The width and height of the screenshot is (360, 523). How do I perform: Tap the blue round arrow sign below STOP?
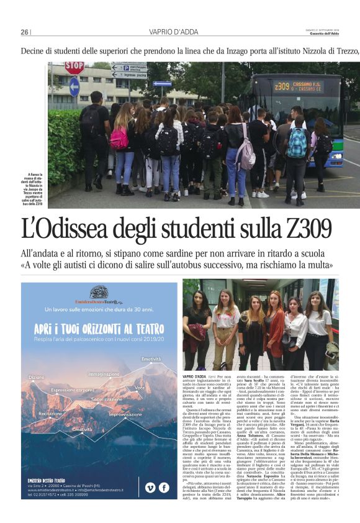[74, 86]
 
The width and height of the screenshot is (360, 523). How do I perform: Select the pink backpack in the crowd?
[119, 137]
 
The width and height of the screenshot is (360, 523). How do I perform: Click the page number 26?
[25, 32]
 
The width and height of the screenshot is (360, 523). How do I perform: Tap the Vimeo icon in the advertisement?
[150, 488]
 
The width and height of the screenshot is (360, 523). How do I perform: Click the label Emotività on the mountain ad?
[151, 359]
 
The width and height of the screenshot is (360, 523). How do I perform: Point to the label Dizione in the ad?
[37, 377]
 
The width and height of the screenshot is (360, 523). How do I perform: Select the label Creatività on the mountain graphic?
[82, 429]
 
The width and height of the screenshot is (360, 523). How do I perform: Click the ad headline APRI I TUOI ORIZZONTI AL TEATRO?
[99, 327]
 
